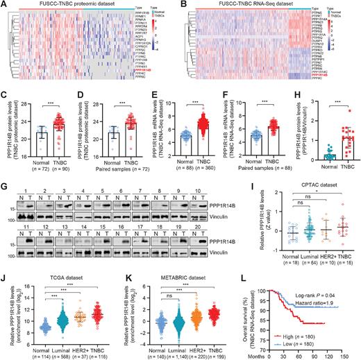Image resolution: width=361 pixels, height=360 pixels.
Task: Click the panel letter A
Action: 5,5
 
